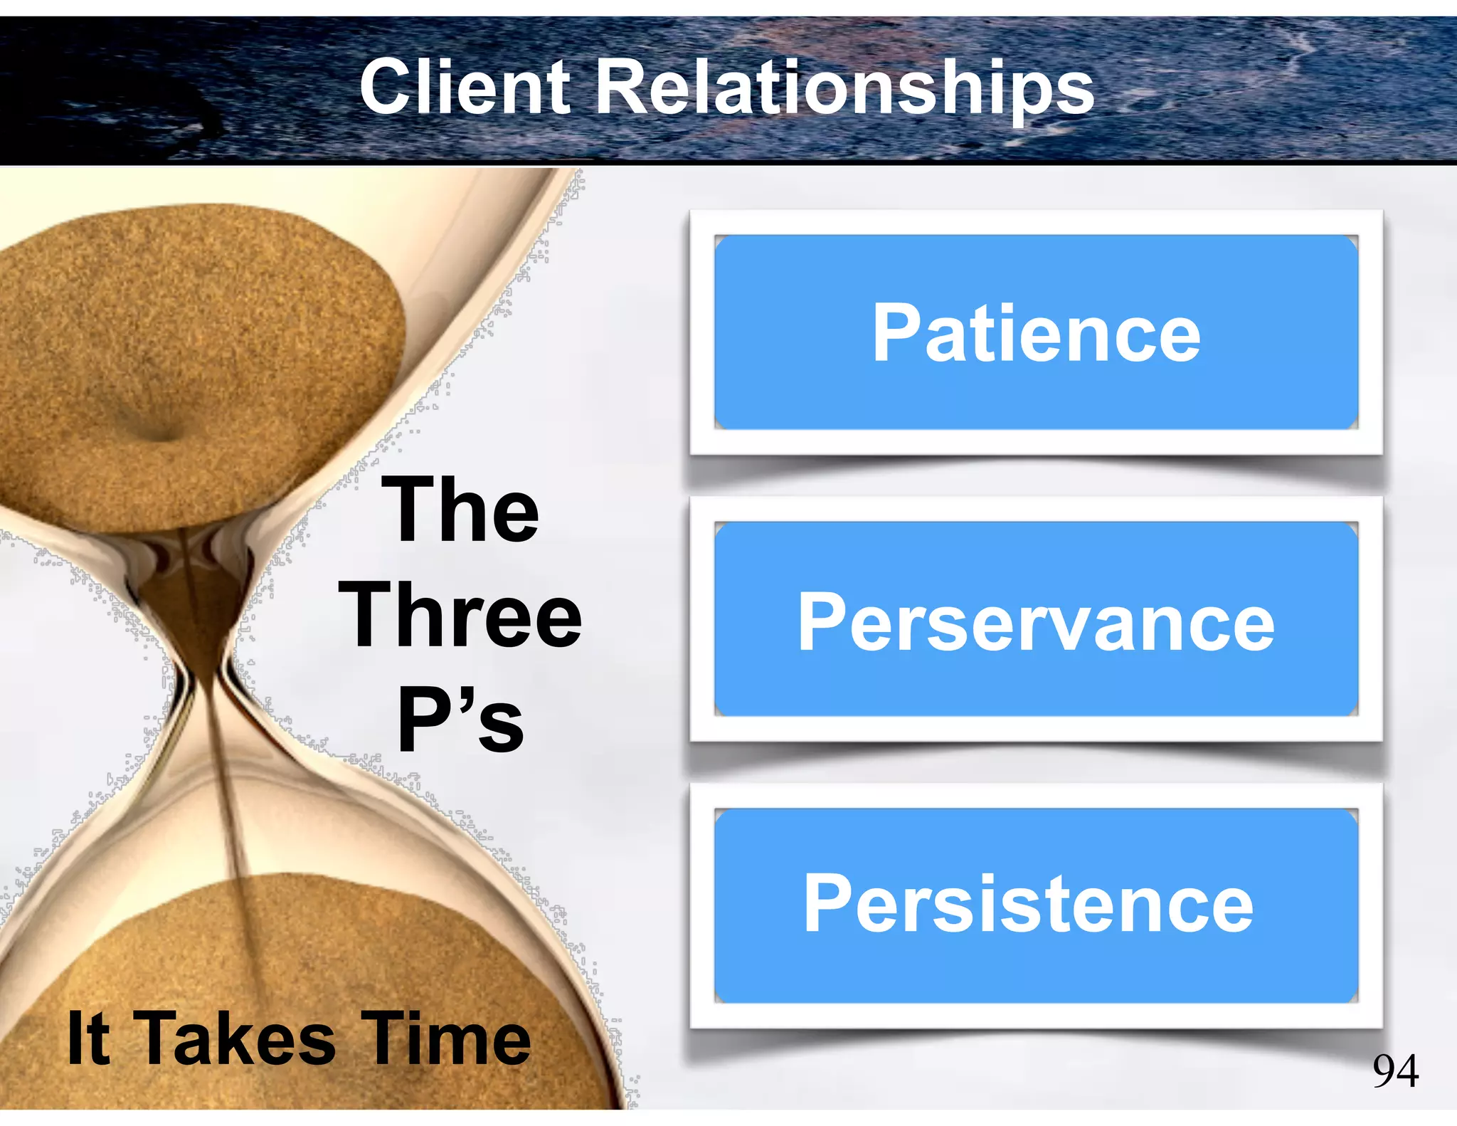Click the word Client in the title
(465, 87)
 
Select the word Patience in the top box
(1037, 332)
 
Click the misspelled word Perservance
(1036, 623)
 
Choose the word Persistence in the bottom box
(1029, 904)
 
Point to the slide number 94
(1396, 1070)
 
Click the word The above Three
(460, 510)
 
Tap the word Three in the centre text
(460, 615)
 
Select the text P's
(460, 720)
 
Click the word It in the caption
(88, 1038)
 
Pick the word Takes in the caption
(234, 1039)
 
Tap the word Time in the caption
(445, 1039)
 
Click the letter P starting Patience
(895, 332)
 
